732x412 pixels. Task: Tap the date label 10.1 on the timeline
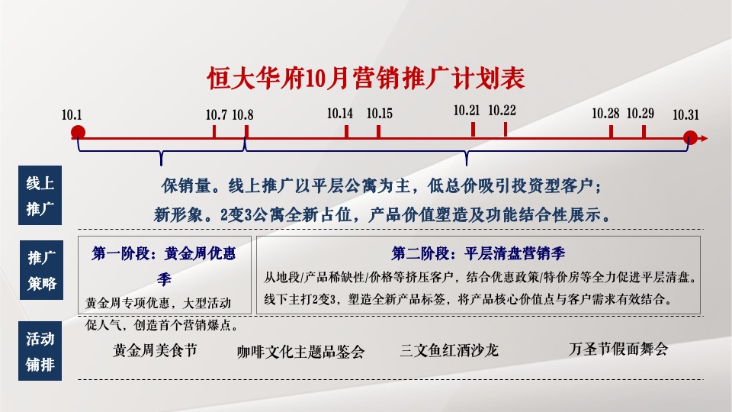click(x=72, y=114)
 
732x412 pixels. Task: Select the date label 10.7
click(x=217, y=114)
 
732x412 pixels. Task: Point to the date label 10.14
click(x=340, y=113)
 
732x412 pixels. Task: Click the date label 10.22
click(x=502, y=110)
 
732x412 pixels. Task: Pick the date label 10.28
click(x=605, y=113)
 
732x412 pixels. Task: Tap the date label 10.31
click(x=685, y=114)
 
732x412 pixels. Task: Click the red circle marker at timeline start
click(x=78, y=134)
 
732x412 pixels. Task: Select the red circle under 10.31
click(x=690, y=138)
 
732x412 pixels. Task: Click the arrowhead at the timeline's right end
click(x=704, y=138)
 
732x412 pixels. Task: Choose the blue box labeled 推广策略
click(x=40, y=270)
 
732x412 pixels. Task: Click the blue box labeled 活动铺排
click(x=40, y=352)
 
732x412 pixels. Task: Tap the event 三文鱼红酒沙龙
click(x=448, y=350)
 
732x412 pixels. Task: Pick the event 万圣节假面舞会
click(x=618, y=349)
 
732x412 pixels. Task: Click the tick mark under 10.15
click(x=379, y=130)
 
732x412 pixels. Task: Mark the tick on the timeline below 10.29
click(x=644, y=131)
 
